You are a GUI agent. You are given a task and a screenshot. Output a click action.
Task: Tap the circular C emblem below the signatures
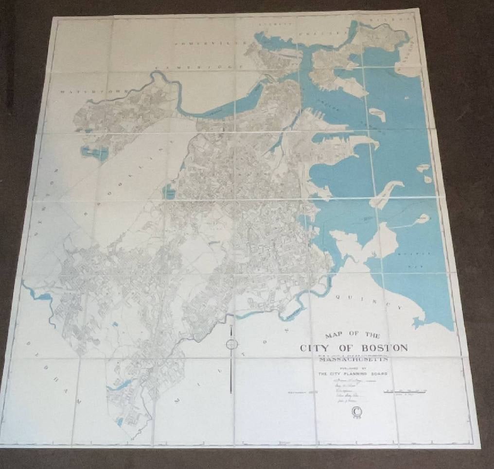[x=354, y=412]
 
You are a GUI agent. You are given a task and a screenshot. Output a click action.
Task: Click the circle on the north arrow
[x=231, y=345]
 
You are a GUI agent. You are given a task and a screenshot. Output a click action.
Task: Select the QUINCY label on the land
[x=369, y=301]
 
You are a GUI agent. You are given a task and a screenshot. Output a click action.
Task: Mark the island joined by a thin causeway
[x=421, y=219]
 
